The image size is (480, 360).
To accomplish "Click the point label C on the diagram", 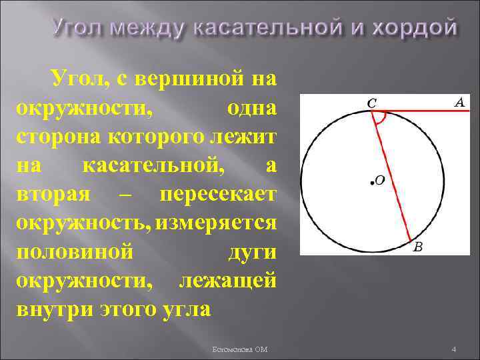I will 372,103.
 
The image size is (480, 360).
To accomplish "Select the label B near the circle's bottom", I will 418,247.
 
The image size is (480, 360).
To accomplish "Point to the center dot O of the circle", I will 369,181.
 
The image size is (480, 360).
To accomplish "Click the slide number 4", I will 453,349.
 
